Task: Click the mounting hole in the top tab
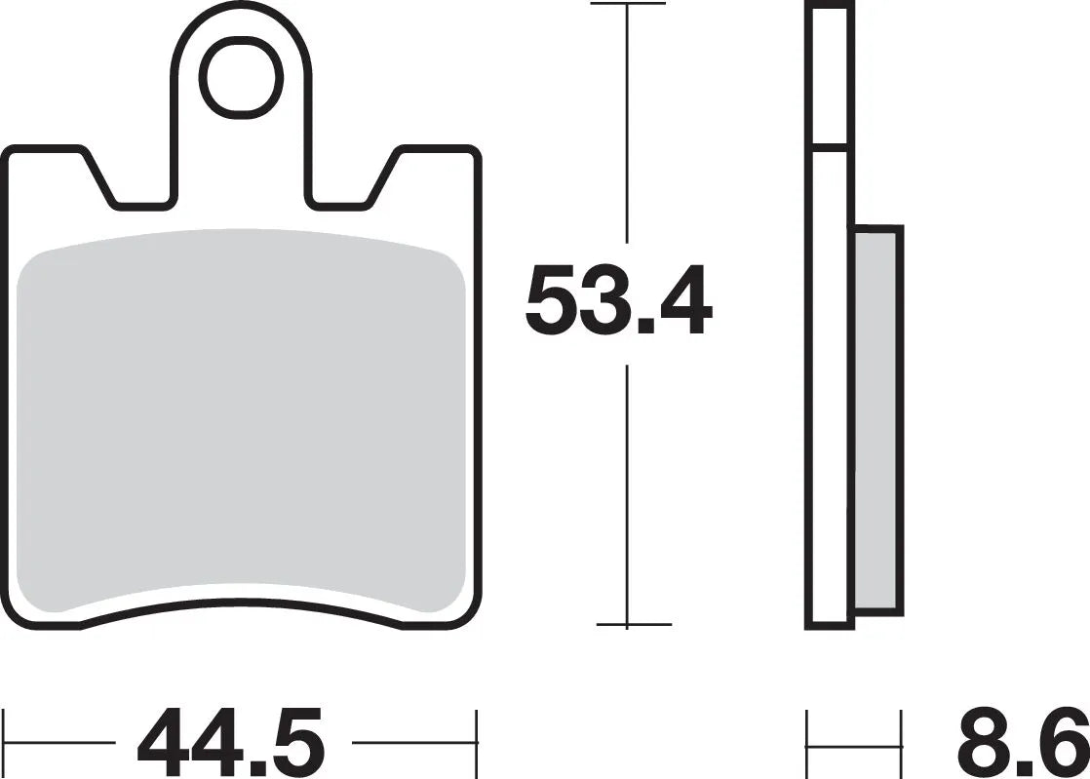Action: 244,77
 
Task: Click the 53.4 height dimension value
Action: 618,303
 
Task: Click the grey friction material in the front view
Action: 241,419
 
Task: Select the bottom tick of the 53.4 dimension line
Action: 632,624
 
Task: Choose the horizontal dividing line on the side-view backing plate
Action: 829,147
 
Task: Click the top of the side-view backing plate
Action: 829,5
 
